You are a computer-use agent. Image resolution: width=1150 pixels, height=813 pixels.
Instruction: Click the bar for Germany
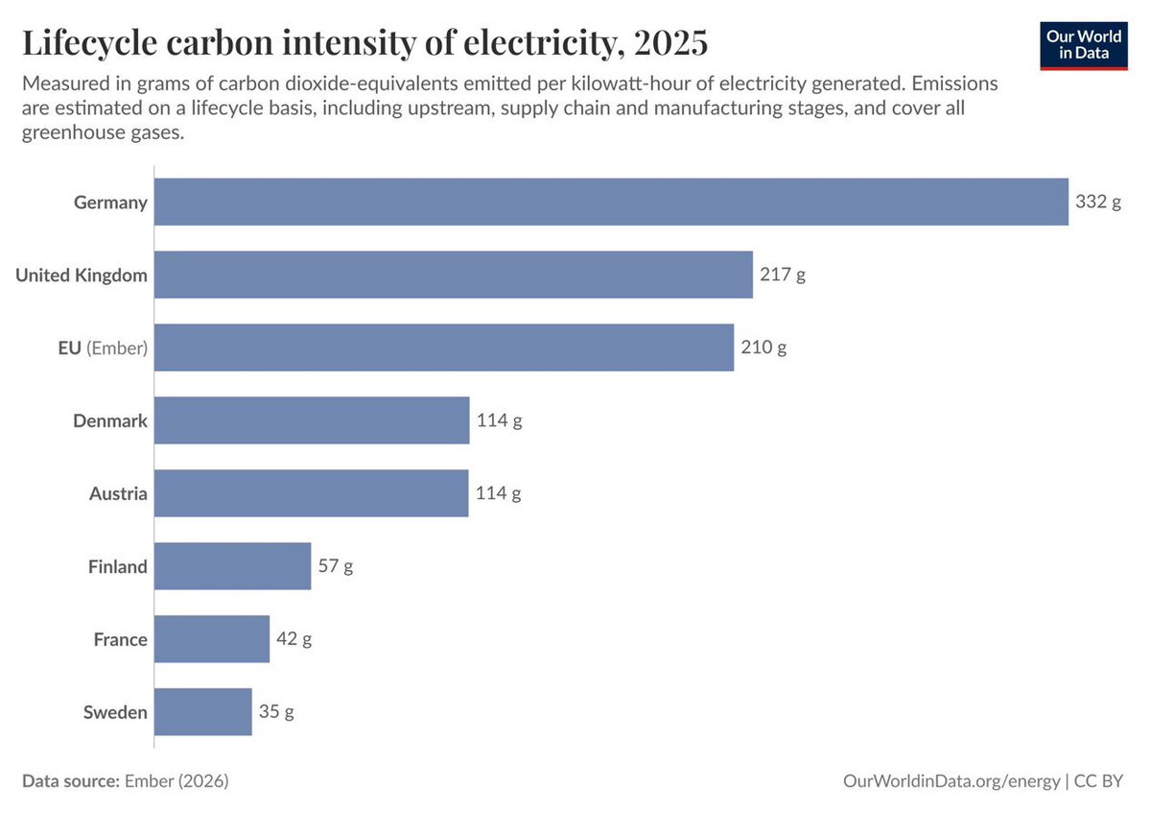click(611, 202)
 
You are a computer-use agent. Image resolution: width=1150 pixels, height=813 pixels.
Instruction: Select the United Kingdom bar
click(453, 275)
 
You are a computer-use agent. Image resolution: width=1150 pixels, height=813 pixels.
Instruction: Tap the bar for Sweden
click(202, 712)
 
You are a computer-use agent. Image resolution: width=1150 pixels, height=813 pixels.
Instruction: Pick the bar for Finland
click(232, 566)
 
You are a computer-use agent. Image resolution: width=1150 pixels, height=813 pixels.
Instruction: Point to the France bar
click(212, 639)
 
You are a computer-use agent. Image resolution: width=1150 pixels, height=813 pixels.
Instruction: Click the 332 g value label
click(1097, 203)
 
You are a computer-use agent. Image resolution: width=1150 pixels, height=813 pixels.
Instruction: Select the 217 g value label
click(783, 275)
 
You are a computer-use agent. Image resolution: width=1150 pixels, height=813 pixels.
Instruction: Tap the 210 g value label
click(763, 347)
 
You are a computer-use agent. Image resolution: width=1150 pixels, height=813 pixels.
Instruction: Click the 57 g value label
click(336, 566)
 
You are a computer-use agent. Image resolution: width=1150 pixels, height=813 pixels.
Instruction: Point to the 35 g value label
click(276, 712)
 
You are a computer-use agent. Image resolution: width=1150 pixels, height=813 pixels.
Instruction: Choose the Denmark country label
click(110, 420)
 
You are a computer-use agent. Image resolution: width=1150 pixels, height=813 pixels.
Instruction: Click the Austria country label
click(118, 493)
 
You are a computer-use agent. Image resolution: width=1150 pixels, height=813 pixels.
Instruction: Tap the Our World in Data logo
click(1083, 42)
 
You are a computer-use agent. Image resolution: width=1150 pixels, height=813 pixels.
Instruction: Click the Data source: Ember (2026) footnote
click(125, 781)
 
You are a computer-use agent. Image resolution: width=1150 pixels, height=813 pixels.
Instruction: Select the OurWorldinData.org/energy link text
click(951, 781)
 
